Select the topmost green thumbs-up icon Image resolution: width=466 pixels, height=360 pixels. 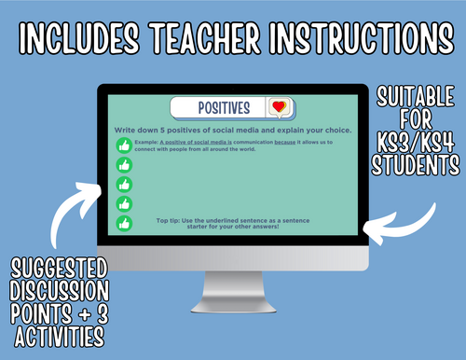point(124,145)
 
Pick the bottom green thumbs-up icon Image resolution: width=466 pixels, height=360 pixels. point(124,224)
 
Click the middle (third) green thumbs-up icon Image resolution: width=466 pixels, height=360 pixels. point(124,185)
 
